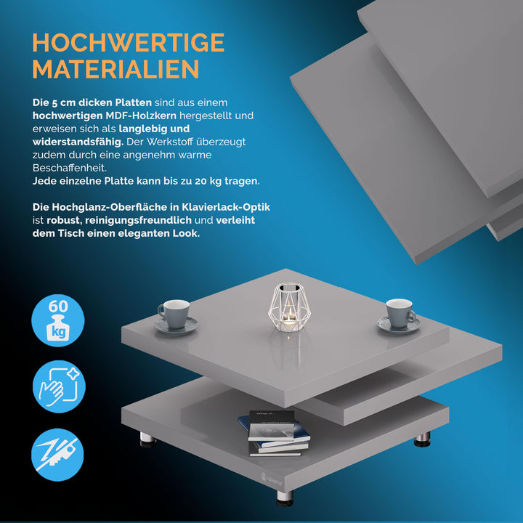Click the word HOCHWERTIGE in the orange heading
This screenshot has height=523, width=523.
(x=129, y=42)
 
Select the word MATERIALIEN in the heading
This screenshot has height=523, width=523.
(x=115, y=69)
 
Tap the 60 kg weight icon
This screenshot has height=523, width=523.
(x=58, y=320)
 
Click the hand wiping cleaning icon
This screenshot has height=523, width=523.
(x=59, y=386)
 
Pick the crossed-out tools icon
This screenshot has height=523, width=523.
(x=57, y=455)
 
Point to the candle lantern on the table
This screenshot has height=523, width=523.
(x=289, y=307)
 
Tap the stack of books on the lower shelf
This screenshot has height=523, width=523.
(x=274, y=434)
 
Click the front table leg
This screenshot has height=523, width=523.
(x=285, y=498)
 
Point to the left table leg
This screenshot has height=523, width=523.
(x=147, y=439)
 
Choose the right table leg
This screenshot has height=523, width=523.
(x=422, y=439)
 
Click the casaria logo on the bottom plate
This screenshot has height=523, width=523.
(x=272, y=479)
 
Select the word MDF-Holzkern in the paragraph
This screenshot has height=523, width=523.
(x=141, y=115)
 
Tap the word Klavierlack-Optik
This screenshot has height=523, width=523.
(x=226, y=207)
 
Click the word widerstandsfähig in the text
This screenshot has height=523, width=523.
(x=78, y=142)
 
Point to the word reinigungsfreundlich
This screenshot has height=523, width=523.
(x=139, y=221)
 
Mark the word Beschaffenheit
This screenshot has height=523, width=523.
(x=70, y=168)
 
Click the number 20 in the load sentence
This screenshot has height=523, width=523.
(x=200, y=181)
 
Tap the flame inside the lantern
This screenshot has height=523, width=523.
(x=290, y=313)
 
